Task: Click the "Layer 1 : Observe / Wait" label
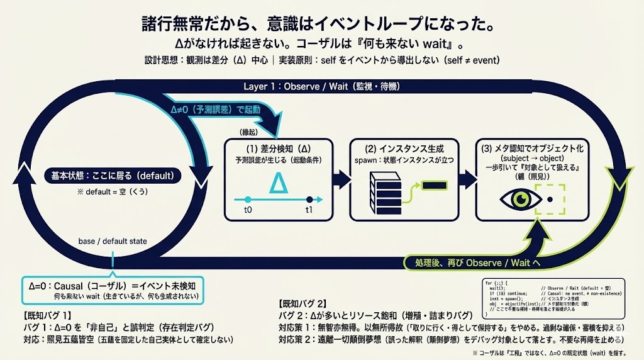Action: click(321, 86)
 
